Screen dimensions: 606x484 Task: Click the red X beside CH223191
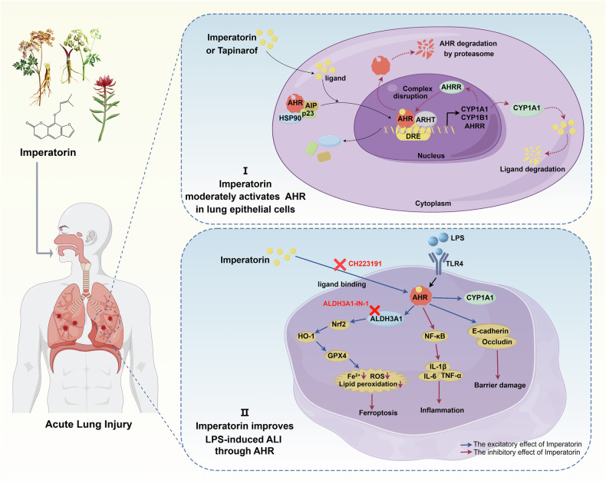pyautogui.click(x=340, y=264)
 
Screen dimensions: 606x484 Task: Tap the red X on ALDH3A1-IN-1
pyautogui.click(x=374, y=310)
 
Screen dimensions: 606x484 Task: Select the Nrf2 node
pyautogui.click(x=338, y=324)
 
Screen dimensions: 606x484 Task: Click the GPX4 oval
pyautogui.click(x=337, y=356)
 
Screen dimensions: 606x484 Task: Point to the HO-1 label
pyautogui.click(x=306, y=336)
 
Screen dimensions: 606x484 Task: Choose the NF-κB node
pyautogui.click(x=434, y=336)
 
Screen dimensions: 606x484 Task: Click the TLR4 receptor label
pyautogui.click(x=454, y=264)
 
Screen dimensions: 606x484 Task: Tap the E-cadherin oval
pyautogui.click(x=490, y=331)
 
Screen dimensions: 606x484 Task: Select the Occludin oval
pyautogui.click(x=496, y=342)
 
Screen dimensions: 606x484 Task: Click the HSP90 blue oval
pyautogui.click(x=290, y=118)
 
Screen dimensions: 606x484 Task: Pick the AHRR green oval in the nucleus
pyautogui.click(x=451, y=87)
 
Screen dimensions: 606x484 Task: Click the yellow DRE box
pyautogui.click(x=413, y=135)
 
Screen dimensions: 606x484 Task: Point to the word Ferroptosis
pyautogui.click(x=378, y=413)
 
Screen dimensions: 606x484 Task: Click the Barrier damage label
pyautogui.click(x=499, y=385)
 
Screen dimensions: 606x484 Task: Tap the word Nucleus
pyautogui.click(x=431, y=156)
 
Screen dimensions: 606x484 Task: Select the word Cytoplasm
pyautogui.click(x=433, y=204)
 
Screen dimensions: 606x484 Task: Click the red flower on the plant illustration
pyautogui.click(x=105, y=85)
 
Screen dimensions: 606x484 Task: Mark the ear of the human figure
pyautogui.click(x=91, y=236)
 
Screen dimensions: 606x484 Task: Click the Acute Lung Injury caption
pyautogui.click(x=88, y=424)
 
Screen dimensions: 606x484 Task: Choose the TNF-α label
pyautogui.click(x=451, y=376)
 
